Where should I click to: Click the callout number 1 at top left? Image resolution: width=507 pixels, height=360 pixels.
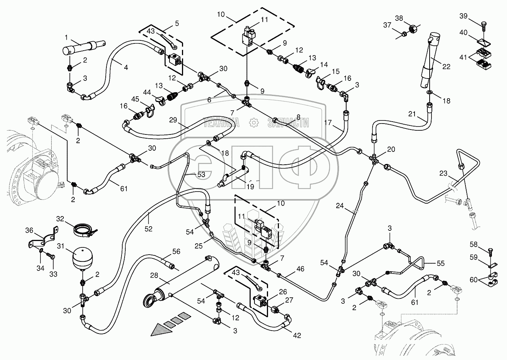66,37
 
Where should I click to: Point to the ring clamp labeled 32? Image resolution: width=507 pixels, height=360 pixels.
83,229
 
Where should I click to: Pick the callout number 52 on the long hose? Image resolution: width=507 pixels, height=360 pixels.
148,229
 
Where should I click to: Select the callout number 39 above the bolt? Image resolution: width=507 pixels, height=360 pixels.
463,15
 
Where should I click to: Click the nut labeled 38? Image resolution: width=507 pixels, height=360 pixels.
412,27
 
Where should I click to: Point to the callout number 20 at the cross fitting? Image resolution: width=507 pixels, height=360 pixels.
391,149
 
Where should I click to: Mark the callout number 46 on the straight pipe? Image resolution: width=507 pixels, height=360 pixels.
300,269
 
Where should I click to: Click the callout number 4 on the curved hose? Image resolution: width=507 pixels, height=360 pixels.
125,68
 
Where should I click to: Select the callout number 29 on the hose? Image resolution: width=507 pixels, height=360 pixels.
173,120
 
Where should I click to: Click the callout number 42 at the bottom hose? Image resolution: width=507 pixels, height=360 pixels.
297,335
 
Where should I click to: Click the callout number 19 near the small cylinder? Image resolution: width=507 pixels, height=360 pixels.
250,186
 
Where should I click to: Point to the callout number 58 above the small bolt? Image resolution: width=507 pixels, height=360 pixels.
473,245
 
